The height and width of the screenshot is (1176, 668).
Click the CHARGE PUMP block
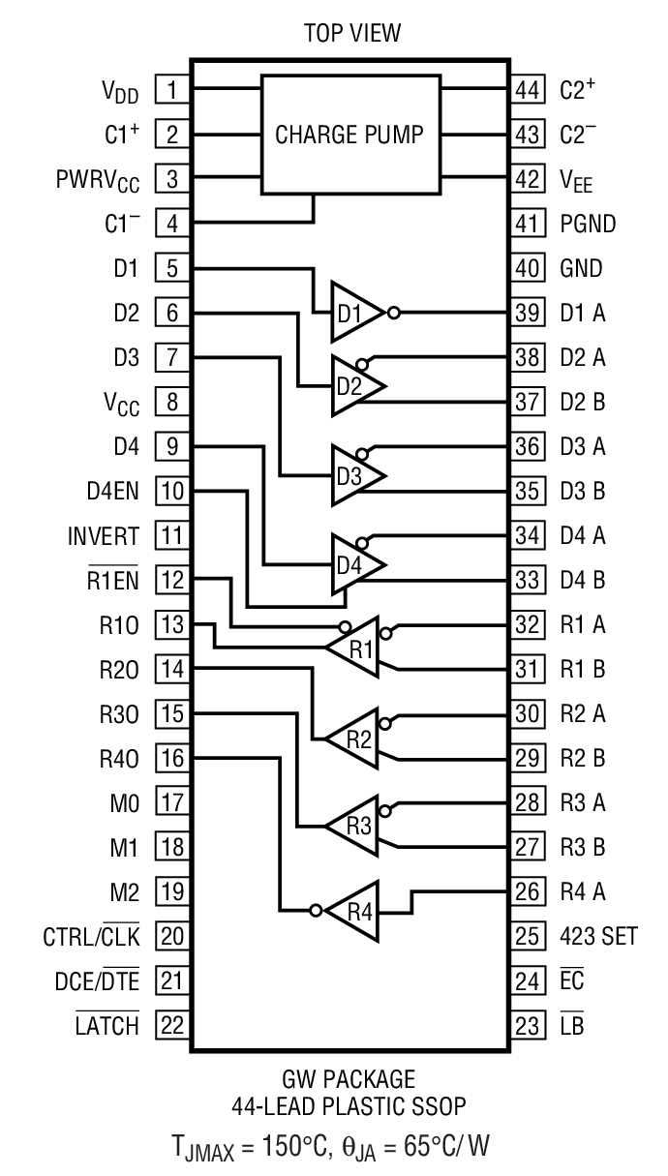(349, 135)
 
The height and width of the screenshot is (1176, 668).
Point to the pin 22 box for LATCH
(171, 1025)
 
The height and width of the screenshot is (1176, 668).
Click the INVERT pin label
(104, 535)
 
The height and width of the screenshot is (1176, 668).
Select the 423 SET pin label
(598, 936)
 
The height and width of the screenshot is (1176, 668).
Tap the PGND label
(588, 224)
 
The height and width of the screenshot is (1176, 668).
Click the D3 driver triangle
(354, 475)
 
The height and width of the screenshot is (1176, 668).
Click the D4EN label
(111, 491)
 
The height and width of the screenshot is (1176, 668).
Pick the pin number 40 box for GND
(526, 268)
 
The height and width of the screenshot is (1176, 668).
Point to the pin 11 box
(171, 535)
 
